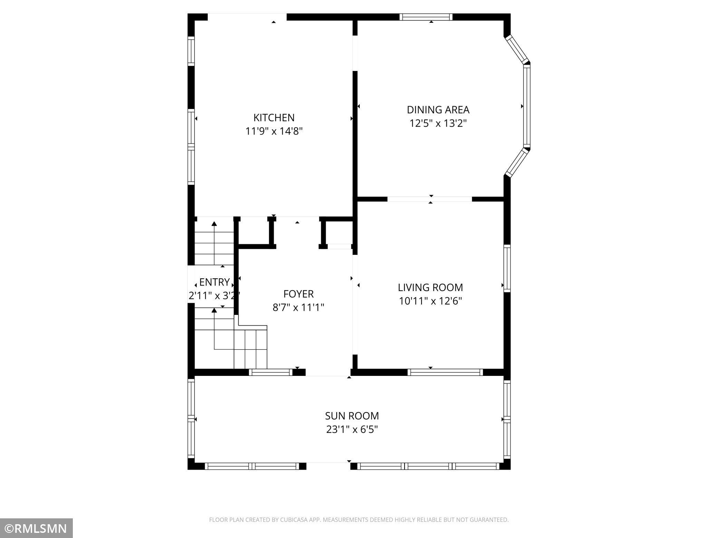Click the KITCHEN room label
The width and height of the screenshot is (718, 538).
pyautogui.click(x=274, y=118)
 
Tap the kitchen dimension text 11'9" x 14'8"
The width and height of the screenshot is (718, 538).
pyautogui.click(x=274, y=131)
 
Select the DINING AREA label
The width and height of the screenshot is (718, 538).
pyautogui.click(x=438, y=110)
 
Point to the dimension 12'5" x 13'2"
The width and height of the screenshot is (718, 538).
pyautogui.click(x=438, y=123)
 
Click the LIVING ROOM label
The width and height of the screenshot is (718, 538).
pyautogui.click(x=430, y=287)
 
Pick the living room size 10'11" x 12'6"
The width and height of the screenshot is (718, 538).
pyautogui.click(x=430, y=301)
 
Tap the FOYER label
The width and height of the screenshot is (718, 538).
pyautogui.click(x=298, y=294)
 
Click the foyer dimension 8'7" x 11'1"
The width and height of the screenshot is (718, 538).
pyautogui.click(x=298, y=307)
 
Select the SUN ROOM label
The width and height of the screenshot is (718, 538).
pyautogui.click(x=352, y=416)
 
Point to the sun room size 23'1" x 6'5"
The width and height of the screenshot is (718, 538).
pyautogui.click(x=352, y=429)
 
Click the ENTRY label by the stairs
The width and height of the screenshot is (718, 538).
pyautogui.click(x=214, y=282)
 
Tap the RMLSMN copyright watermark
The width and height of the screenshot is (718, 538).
pyautogui.click(x=36, y=528)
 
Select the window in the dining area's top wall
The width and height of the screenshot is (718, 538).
pyautogui.click(x=426, y=17)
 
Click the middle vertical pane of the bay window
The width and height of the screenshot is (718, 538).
pyautogui.click(x=526, y=106)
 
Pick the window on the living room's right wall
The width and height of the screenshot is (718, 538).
pyautogui.click(x=507, y=268)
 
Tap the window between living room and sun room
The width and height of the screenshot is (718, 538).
pyautogui.click(x=445, y=372)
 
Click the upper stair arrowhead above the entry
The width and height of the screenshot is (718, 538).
pyautogui.click(x=214, y=224)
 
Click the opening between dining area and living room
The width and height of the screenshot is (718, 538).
pyautogui.click(x=429, y=199)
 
